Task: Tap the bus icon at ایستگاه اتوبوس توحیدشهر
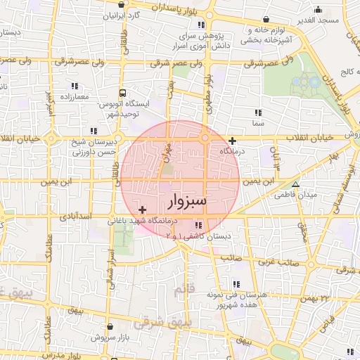pyautogui.click(x=124, y=92)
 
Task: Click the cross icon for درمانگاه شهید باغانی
pyautogui.click(x=143, y=210)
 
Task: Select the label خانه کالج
pyautogui.click(x=345, y=72)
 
